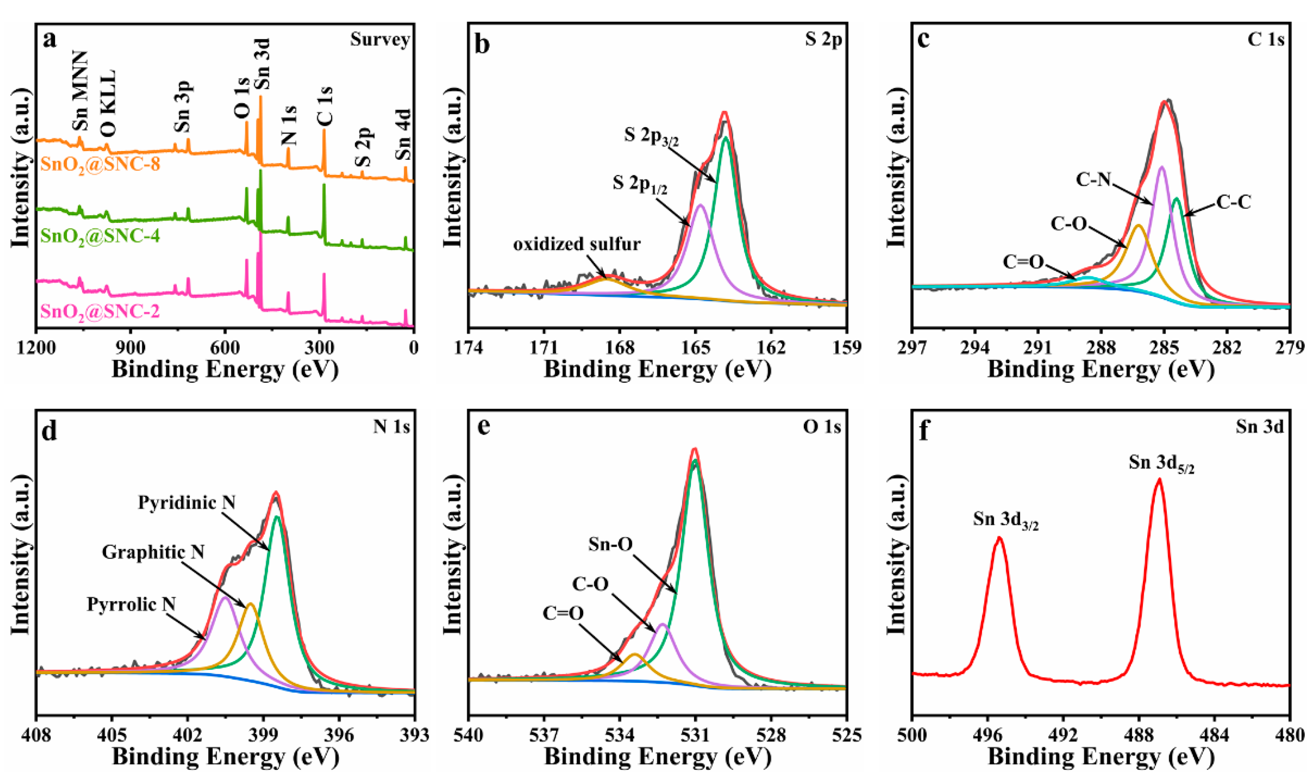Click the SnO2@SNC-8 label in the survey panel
pos(100,165)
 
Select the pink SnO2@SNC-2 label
pos(100,312)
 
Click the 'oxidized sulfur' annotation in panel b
pos(577,244)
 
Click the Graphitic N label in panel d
pos(153,552)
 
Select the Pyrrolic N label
pos(131,604)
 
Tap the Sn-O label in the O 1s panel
pos(610,544)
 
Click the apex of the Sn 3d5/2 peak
pos(1158,479)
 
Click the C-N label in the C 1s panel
pos(1094,179)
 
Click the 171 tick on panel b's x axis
pos(544,348)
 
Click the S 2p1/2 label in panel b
pos(640,184)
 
